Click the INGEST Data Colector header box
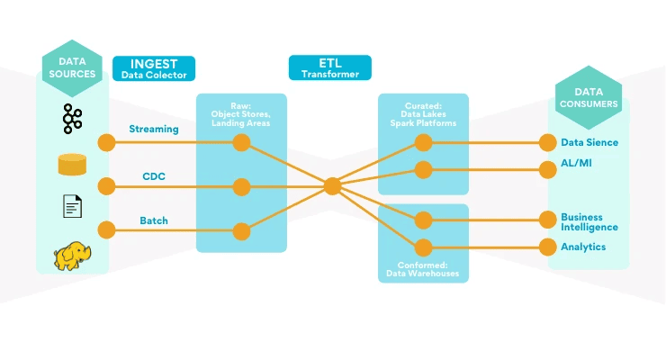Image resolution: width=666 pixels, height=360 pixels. (154, 69)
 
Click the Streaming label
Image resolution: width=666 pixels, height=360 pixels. (153, 129)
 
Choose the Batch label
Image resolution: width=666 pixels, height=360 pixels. (154, 220)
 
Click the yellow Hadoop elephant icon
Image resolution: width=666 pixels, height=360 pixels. (73, 256)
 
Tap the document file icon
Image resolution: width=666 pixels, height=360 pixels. (72, 207)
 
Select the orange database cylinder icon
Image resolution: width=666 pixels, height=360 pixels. (72, 165)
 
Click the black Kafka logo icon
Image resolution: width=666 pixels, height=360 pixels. (72, 119)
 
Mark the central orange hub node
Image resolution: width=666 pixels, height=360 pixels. (332, 186)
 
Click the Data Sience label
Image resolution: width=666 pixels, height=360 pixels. (589, 142)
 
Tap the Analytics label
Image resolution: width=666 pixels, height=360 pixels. (583, 247)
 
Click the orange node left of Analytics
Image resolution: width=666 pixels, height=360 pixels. (546, 247)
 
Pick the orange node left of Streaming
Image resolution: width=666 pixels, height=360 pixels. (106, 142)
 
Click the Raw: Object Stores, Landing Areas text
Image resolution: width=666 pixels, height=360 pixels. (241, 115)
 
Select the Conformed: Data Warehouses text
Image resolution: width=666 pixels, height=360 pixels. (422, 268)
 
